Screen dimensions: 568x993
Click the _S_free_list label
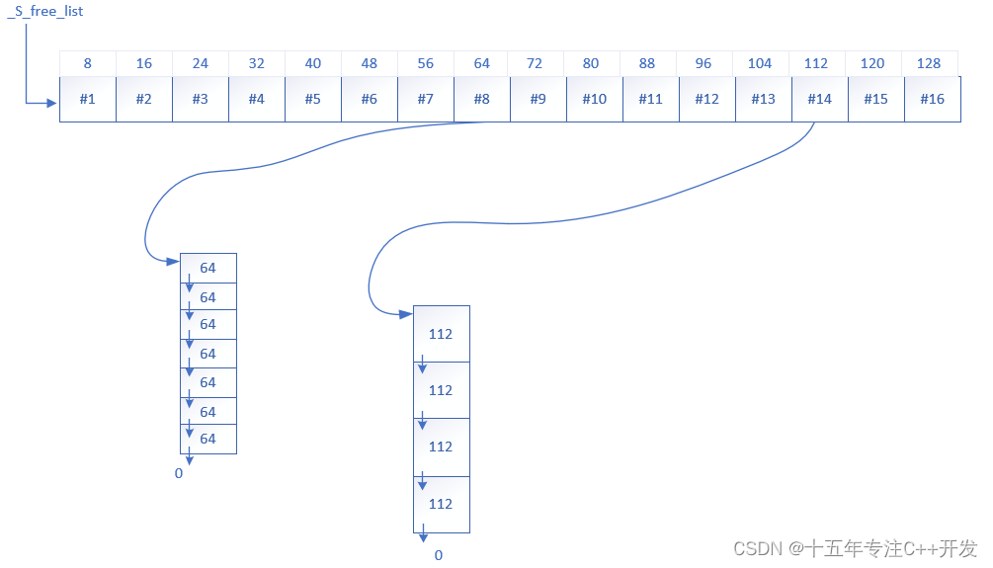(44, 12)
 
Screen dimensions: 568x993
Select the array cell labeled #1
(88, 99)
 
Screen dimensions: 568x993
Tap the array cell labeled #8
(482, 99)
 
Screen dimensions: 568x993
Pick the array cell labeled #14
(819, 99)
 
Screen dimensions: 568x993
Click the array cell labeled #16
(932, 99)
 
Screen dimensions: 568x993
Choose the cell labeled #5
(313, 99)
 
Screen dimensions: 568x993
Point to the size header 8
(88, 63)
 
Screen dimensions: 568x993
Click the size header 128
(929, 63)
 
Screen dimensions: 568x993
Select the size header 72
(535, 63)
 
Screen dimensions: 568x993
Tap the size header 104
(760, 63)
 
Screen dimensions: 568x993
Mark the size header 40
(313, 63)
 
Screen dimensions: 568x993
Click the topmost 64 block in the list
(208, 269)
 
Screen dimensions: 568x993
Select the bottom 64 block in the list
(208, 440)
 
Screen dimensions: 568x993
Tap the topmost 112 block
(441, 334)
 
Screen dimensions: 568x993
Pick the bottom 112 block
(441, 505)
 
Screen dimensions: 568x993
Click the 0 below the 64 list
(179, 473)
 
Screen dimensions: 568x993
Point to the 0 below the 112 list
(439, 555)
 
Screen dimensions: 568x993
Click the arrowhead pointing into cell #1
(52, 102)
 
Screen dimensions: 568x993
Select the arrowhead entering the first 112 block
(406, 314)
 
